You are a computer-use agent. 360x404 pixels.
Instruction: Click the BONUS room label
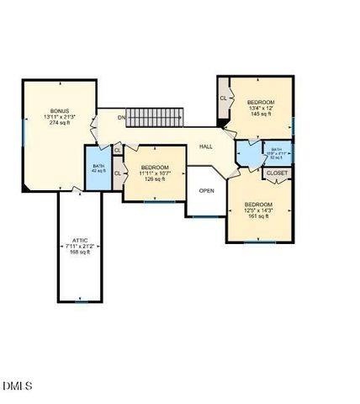click(59, 111)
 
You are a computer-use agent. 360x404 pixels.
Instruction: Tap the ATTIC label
click(80, 240)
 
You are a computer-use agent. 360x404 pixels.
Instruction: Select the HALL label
click(206, 146)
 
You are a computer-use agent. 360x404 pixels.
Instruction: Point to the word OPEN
click(207, 190)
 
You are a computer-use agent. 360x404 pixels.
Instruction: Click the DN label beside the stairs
click(121, 117)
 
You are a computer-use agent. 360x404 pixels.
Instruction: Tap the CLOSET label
click(277, 173)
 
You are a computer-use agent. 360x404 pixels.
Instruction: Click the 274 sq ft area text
click(59, 123)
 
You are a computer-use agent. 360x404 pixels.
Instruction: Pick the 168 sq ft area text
click(80, 252)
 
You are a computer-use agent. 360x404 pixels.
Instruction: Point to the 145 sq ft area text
click(261, 114)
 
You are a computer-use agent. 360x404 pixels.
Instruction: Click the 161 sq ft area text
click(257, 216)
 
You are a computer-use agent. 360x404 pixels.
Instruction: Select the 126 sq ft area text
click(155, 178)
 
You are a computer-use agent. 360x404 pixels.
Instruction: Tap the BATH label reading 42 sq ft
click(98, 167)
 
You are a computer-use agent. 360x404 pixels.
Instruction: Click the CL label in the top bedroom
click(224, 98)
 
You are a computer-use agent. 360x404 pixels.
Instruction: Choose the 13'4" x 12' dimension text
click(261, 108)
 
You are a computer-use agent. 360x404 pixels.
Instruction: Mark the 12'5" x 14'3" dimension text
click(257, 210)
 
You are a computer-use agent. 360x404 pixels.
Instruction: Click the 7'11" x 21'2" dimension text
click(80, 246)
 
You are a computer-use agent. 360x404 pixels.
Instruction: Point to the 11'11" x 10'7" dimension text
click(155, 173)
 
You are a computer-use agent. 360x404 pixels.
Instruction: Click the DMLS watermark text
click(18, 386)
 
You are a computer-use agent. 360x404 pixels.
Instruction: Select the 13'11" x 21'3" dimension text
click(59, 117)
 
